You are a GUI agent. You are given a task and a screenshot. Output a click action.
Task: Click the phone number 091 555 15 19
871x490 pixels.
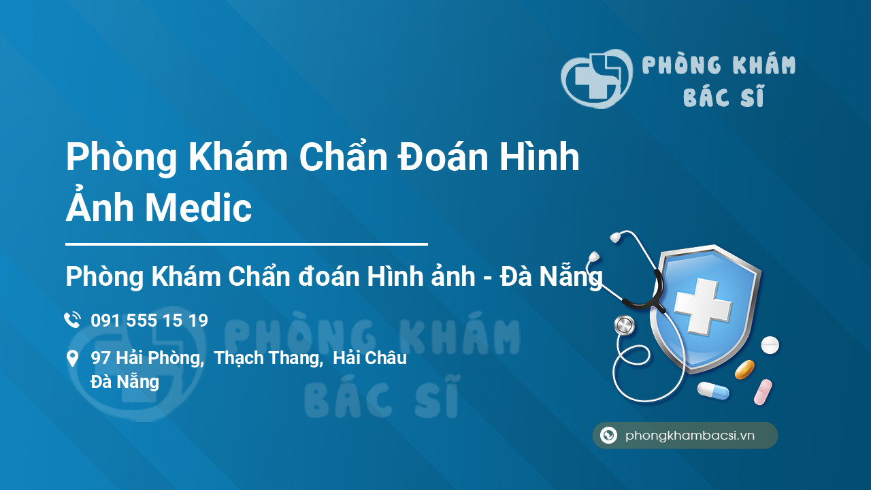(149, 321)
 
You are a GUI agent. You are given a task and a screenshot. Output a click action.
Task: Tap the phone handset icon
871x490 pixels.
(72, 320)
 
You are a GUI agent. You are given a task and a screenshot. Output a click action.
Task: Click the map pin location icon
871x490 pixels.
(72, 359)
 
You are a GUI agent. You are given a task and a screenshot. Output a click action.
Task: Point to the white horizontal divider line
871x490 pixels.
(246, 244)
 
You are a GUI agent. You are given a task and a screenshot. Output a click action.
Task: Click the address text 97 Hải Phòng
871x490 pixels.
(147, 358)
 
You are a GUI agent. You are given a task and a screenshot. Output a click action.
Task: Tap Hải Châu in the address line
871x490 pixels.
(369, 358)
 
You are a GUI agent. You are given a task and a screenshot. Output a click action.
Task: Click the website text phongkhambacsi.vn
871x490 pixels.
(690, 436)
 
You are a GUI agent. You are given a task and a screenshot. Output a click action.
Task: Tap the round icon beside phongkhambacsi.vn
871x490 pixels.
(608, 436)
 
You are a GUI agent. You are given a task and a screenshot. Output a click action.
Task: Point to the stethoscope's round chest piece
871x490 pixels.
(623, 325)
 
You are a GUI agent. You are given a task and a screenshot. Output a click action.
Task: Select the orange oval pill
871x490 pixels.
(744, 370)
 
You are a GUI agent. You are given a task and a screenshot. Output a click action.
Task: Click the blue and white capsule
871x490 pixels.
(712, 391)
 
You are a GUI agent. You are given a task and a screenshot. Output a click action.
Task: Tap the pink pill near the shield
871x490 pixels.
(763, 391)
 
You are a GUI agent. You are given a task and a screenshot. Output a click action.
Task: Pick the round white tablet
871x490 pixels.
(770, 345)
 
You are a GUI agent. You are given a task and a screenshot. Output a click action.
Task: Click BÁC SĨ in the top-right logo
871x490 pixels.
(723, 98)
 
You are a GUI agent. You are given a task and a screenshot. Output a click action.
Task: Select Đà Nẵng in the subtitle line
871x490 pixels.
(551, 277)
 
